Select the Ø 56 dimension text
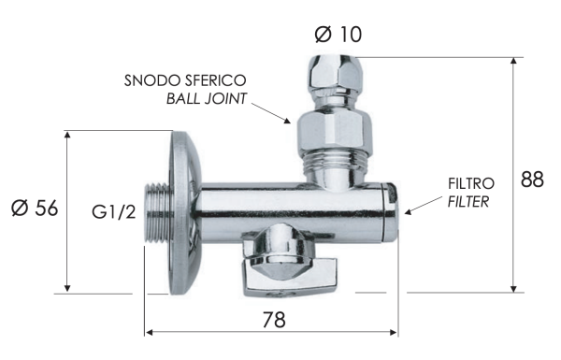[x=35, y=209]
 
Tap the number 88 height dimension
[x=532, y=180]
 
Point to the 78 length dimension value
[x=273, y=319]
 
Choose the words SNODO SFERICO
[x=186, y=81]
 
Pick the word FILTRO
[x=470, y=183]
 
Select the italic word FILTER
[x=468, y=201]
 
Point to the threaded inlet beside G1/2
[x=152, y=213]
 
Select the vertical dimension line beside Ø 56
[x=68, y=211]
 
